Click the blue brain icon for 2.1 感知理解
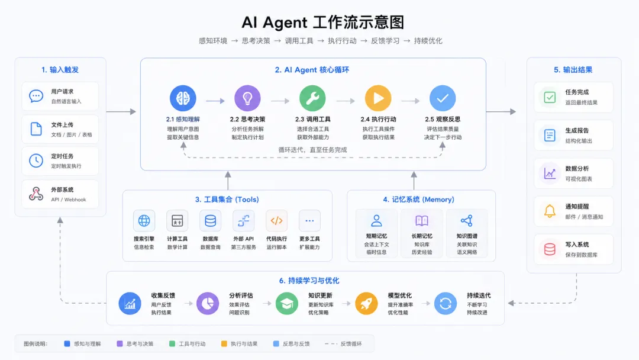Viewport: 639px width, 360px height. pyautogui.click(x=183, y=98)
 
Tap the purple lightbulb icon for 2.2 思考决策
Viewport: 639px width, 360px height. pyautogui.click(x=247, y=98)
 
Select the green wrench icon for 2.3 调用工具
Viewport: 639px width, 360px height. pyautogui.click(x=312, y=98)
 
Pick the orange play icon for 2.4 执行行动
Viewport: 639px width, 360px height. pyautogui.click(x=377, y=98)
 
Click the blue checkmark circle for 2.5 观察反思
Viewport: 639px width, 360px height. pyautogui.click(x=443, y=98)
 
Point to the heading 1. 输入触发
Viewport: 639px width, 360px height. pyautogui.click(x=60, y=70)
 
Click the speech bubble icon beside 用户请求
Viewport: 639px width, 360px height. pyautogui.click(x=36, y=96)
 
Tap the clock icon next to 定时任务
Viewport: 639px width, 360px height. pyautogui.click(x=36, y=160)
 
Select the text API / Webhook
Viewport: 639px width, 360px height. pyautogui.click(x=69, y=200)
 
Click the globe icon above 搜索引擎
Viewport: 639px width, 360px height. pyautogui.click(x=144, y=221)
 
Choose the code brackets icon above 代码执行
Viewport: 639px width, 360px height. pyautogui.click(x=276, y=221)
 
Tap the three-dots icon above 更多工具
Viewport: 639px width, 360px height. pyautogui.click(x=309, y=221)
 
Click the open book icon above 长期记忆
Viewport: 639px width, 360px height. pyautogui.click(x=422, y=221)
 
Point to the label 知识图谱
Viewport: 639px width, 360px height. pyautogui.click(x=467, y=236)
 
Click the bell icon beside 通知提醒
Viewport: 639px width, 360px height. pyautogui.click(x=550, y=211)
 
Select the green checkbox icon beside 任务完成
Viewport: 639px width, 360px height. pyautogui.click(x=550, y=98)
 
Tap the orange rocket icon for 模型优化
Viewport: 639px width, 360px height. pyautogui.click(x=366, y=303)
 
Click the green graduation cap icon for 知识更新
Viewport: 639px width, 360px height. pyautogui.click(x=287, y=303)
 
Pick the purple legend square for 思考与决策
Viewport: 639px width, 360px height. pyautogui.click(x=120, y=343)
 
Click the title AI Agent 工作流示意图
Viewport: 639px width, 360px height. pyautogui.click(x=323, y=22)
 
